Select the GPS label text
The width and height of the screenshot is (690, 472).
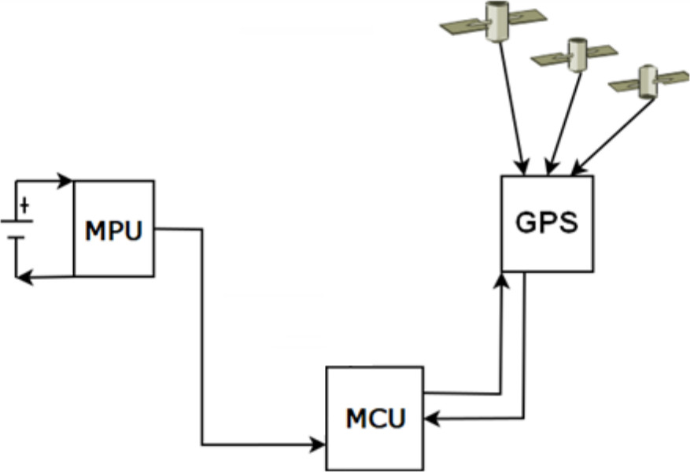tap(547, 223)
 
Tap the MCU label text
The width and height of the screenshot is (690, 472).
tap(375, 418)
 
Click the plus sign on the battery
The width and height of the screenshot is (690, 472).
tap(24, 206)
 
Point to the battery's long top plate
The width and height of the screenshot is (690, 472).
tap(17, 221)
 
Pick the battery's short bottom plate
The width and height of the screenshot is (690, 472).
tap(17, 236)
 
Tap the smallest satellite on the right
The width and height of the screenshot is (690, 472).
tap(648, 79)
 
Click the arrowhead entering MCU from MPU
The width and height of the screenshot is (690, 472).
tap(319, 444)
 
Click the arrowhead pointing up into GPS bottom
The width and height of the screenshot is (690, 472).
tap(500, 279)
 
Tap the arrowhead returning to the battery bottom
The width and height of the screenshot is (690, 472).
tap(23, 276)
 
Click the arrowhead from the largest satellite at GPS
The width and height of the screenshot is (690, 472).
tap(522, 166)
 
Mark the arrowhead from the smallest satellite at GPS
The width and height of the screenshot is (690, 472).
tap(577, 168)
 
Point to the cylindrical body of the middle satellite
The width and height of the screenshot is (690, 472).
tap(577, 53)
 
